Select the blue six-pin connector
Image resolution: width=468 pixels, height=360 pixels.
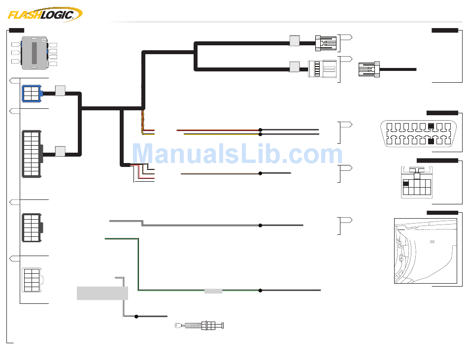[x=32, y=94]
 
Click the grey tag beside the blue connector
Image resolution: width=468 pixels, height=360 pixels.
[x=60, y=91]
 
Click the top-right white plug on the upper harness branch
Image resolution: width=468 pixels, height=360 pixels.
[x=326, y=43]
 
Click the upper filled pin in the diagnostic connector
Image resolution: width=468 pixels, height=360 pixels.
[x=431, y=125]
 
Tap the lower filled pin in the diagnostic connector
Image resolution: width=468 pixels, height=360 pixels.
[x=431, y=142]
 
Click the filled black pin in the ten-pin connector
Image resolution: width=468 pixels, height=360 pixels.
[x=406, y=184]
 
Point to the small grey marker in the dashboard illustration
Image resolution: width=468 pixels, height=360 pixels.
[x=432, y=241]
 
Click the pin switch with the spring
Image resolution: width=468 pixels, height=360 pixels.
[x=200, y=326]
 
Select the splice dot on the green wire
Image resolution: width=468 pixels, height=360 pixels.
[x=260, y=291]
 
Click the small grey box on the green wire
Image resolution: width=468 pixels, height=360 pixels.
[x=213, y=291]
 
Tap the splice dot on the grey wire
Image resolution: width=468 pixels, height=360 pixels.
[x=260, y=225]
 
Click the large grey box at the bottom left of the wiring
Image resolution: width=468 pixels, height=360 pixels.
[x=102, y=293]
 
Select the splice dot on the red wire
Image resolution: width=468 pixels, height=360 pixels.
[x=260, y=130]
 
